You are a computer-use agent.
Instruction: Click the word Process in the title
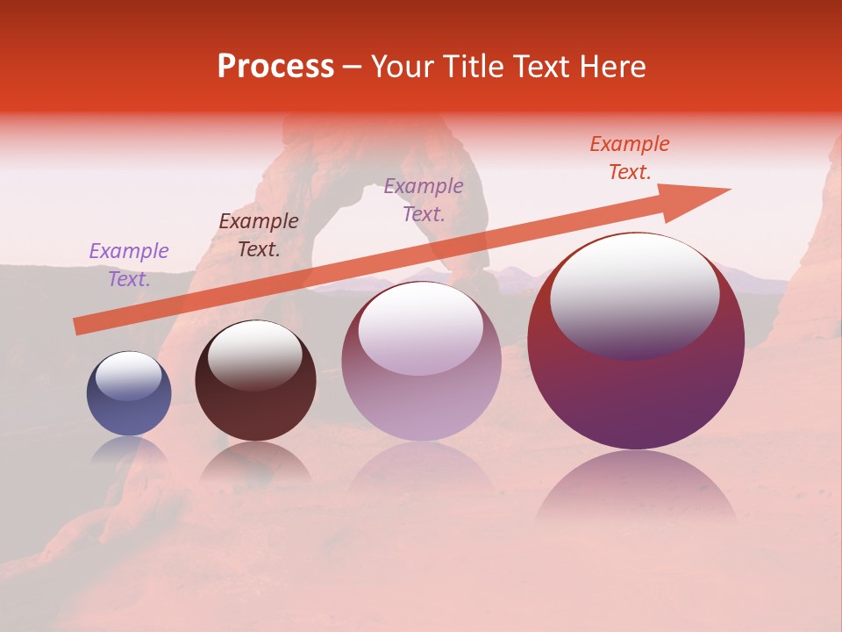[x=275, y=67]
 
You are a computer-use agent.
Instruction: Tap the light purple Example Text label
[x=129, y=265]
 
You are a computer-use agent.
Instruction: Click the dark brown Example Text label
[x=259, y=235]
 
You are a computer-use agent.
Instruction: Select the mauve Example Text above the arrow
[x=424, y=200]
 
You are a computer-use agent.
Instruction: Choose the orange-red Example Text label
[x=629, y=158]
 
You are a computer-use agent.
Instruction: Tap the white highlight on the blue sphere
[x=128, y=376]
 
